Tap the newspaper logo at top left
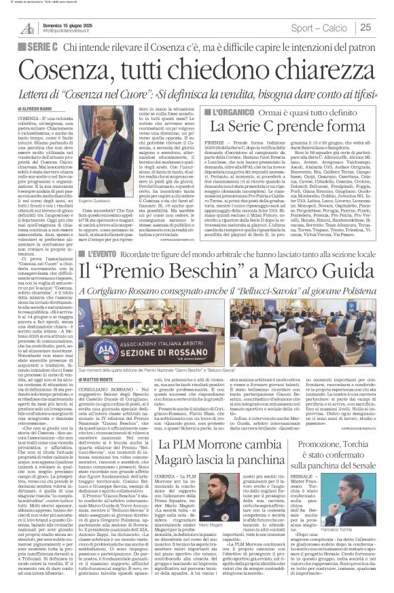tap(27, 28)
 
